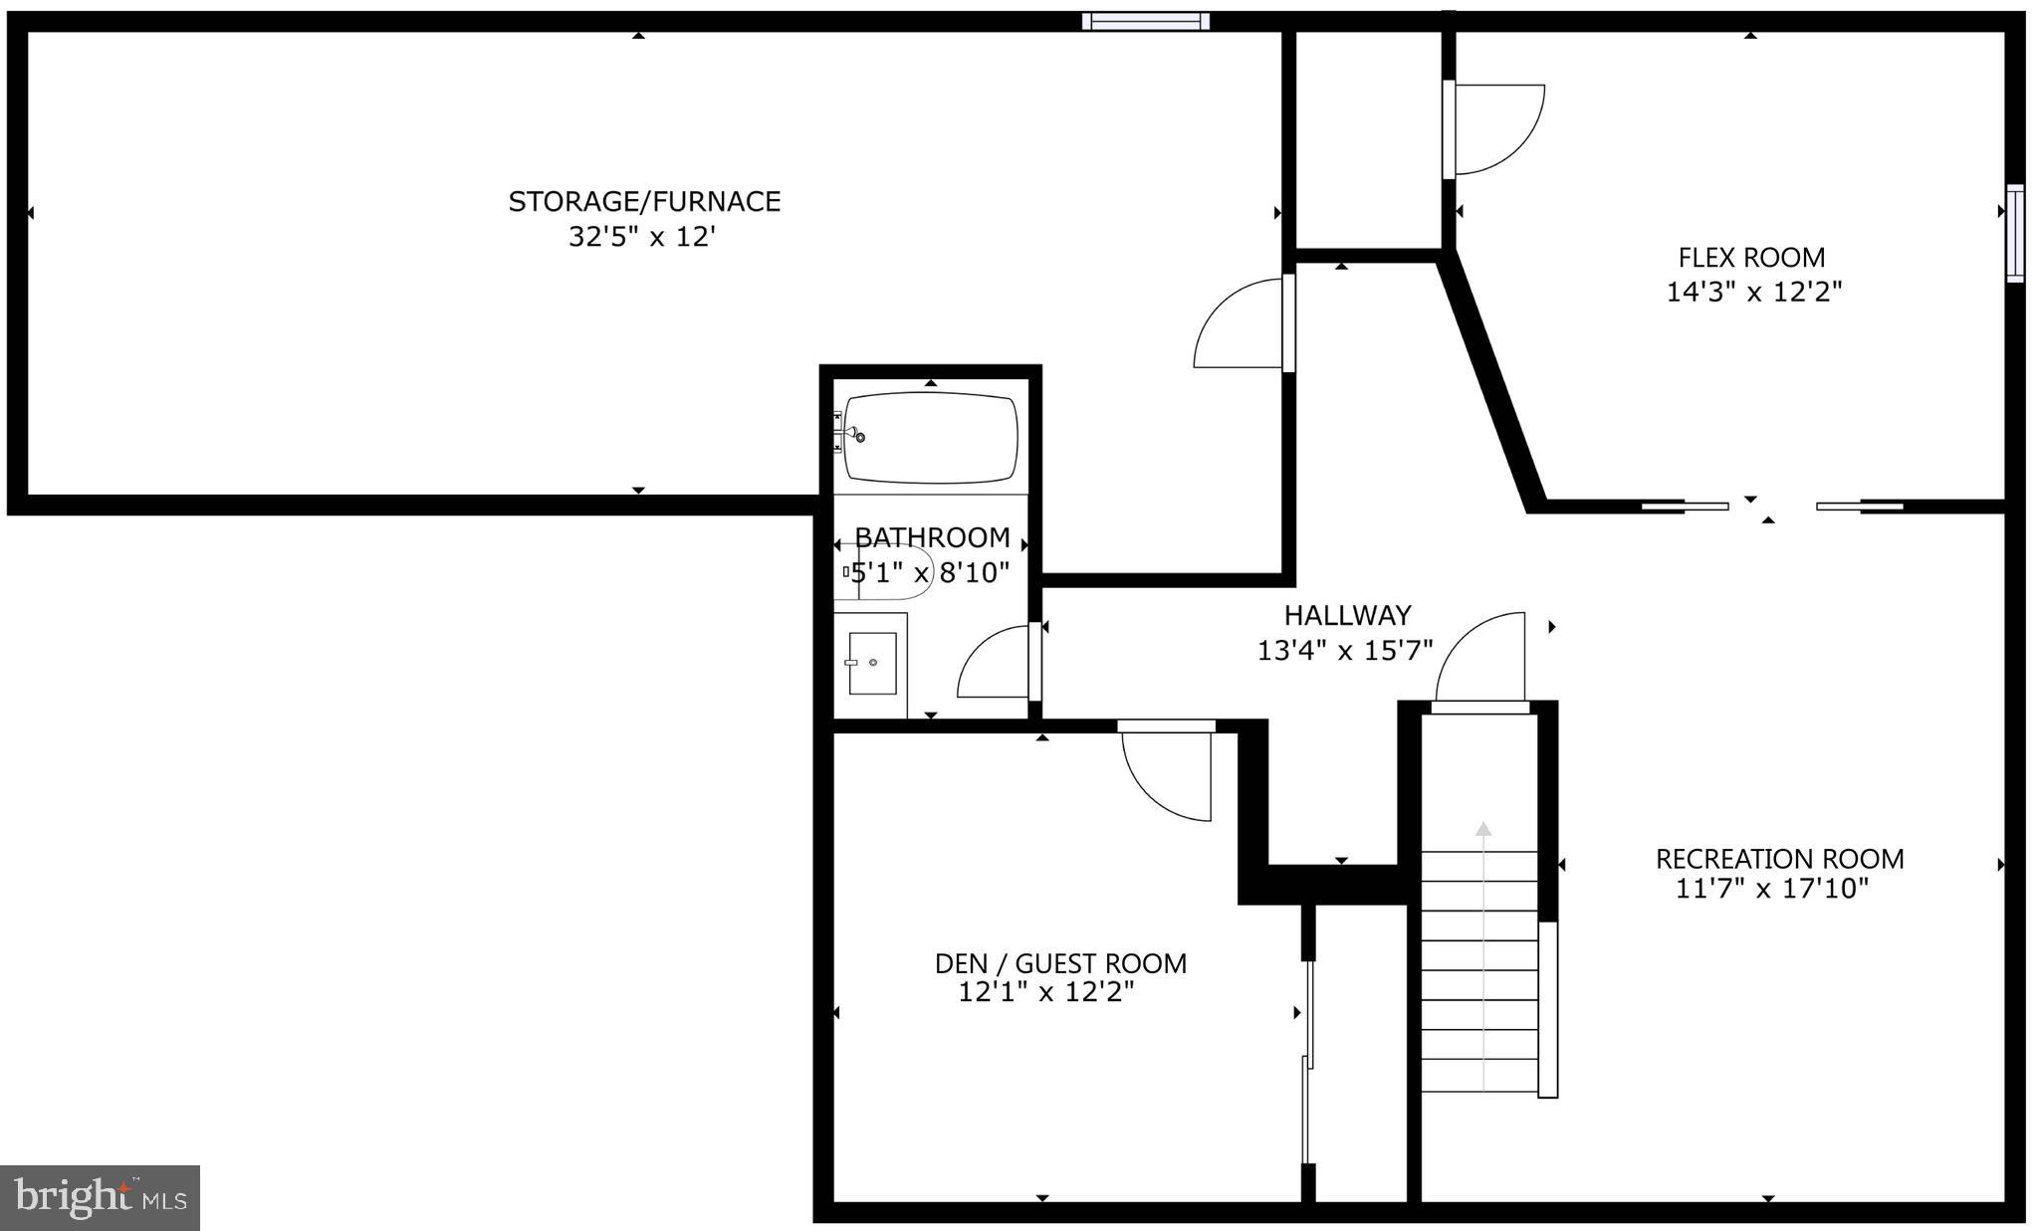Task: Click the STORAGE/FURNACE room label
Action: tap(644, 202)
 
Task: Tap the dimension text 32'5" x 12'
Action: tap(642, 237)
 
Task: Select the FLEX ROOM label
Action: tap(1751, 258)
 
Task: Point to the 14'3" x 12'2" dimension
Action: tap(1753, 292)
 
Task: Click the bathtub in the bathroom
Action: tap(930, 438)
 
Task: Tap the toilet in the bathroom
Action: tap(893, 572)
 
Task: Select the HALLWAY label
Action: tap(1346, 615)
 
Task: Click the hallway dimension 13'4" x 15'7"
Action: tap(1344, 651)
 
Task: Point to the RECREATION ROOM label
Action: tap(1779, 859)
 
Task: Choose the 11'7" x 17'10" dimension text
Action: tap(1771, 889)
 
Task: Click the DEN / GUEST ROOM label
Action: tap(1059, 963)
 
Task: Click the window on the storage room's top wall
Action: tap(1146, 21)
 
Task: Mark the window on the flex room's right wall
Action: tap(2015, 234)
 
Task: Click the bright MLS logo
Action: tap(101, 1197)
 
